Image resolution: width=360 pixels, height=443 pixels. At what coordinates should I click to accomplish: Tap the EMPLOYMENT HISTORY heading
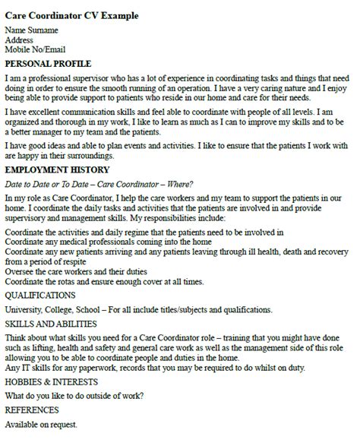[x=57, y=170]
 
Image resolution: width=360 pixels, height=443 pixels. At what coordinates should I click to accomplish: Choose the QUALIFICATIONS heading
[x=40, y=295]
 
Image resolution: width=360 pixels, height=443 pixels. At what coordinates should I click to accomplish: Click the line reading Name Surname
[x=33, y=31]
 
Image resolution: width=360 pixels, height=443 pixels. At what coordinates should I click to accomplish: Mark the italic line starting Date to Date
[x=99, y=185]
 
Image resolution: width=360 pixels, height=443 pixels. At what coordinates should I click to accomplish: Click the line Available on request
[x=41, y=425]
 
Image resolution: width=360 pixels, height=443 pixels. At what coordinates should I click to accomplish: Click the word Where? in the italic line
[x=179, y=185]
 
